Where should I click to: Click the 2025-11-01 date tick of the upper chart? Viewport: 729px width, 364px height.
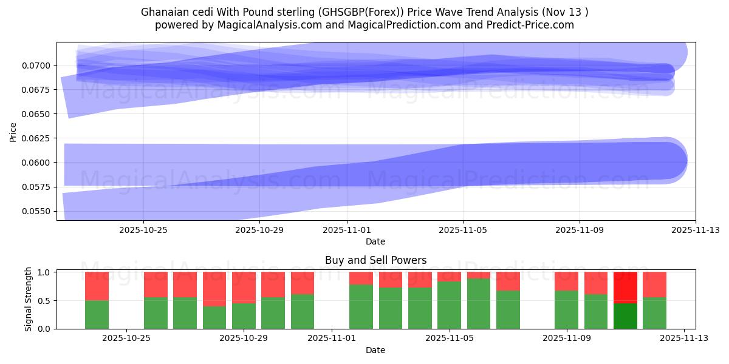coord(347,230)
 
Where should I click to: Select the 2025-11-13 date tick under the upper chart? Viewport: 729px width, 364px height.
coord(696,230)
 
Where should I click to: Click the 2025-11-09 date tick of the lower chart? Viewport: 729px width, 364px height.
coord(567,339)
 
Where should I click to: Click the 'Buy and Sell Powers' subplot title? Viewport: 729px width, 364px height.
coord(375,260)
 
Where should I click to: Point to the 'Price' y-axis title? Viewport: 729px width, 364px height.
coord(13,132)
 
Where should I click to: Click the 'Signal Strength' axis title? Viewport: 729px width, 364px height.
coord(29,299)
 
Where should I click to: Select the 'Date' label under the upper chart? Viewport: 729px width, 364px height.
coord(375,241)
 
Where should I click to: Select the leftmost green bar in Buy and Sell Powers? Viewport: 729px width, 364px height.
coord(97,315)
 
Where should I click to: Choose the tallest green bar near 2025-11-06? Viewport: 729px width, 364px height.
coord(478,304)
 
